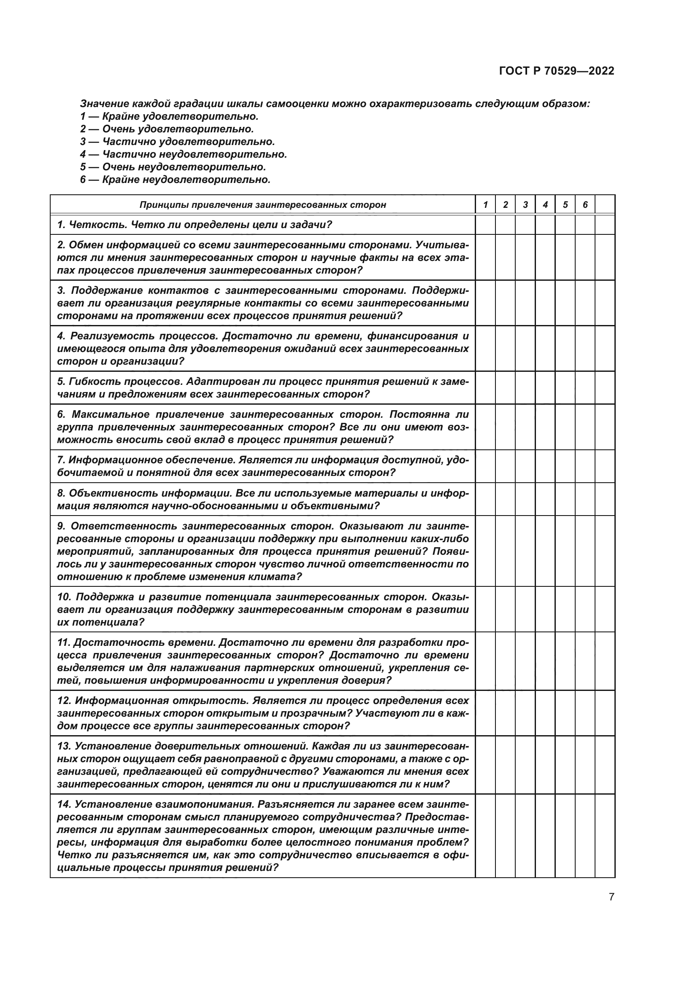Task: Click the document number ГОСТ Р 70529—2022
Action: pos(557,71)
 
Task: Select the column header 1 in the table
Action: pos(485,205)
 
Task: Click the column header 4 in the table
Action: pos(545,205)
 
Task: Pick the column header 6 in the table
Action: pos(585,205)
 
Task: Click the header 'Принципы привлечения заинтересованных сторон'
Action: pos(262,205)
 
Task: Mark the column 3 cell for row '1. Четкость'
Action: pos(525,225)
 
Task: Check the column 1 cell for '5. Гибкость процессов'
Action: pos(485,388)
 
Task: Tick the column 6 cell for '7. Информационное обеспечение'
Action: pos(585,466)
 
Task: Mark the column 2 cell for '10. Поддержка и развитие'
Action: pos(506,610)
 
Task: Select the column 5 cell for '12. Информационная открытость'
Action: pos(565,713)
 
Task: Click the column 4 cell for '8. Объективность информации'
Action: pos(545,499)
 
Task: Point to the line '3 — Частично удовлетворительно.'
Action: pos(177,142)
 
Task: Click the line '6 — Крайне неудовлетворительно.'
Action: pos(175,180)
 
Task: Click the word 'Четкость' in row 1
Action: pos(96,225)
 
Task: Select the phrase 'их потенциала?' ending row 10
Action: pos(100,622)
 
